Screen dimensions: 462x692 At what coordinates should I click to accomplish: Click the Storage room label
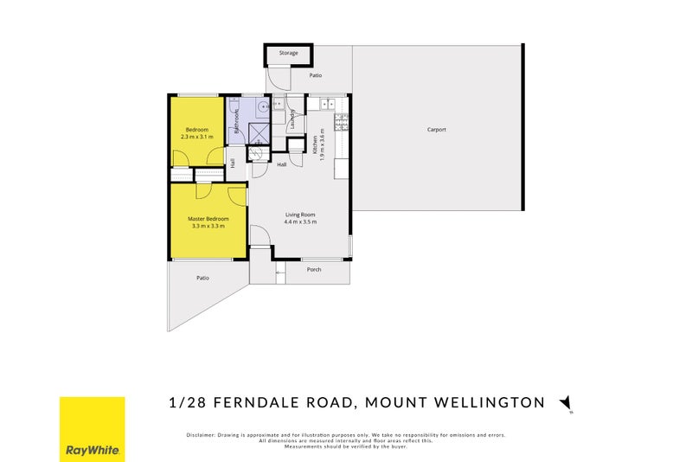click(x=288, y=53)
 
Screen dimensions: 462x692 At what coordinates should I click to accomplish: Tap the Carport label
click(x=437, y=130)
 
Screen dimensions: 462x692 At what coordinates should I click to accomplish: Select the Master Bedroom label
click(x=208, y=219)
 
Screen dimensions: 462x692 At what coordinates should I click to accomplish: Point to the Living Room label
click(x=300, y=215)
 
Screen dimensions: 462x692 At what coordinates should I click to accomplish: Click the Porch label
click(x=314, y=270)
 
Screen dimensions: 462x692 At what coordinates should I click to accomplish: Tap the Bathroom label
click(x=236, y=120)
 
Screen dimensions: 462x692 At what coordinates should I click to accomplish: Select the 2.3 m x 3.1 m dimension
click(x=196, y=137)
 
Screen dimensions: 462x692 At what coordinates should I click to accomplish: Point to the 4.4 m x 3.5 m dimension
click(x=300, y=222)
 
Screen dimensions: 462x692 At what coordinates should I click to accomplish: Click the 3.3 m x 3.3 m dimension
click(x=208, y=227)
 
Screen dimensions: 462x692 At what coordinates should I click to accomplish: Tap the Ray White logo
click(x=92, y=429)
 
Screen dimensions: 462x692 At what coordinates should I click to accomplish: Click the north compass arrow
click(x=567, y=402)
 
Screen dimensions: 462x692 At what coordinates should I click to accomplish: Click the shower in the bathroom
click(x=259, y=132)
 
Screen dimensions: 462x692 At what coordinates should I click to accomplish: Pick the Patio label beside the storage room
click(x=304, y=75)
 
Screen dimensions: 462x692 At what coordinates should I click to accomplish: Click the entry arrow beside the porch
click(x=279, y=276)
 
